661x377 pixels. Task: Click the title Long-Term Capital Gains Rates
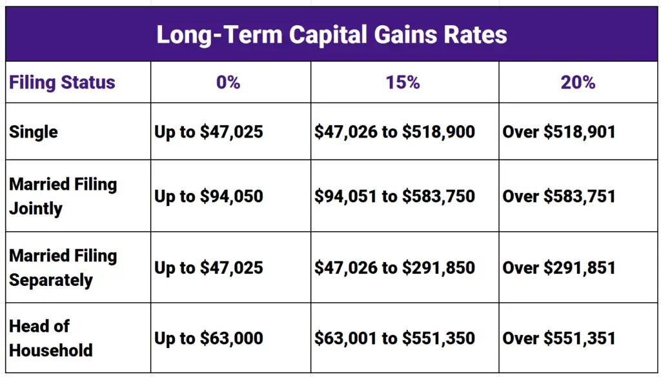[x=331, y=34]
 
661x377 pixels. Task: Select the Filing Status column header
[x=62, y=83]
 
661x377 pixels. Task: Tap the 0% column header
[x=229, y=83]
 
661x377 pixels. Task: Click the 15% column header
[x=403, y=83]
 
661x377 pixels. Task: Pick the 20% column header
[x=578, y=83]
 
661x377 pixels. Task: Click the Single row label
[x=34, y=132]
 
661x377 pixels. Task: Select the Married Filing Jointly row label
[x=63, y=196]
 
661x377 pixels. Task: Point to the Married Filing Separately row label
[x=63, y=268]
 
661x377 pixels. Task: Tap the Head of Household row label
[x=50, y=338]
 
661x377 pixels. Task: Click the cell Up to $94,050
[x=208, y=196]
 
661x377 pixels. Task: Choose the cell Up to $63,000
[x=208, y=338]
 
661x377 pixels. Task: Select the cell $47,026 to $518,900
[x=394, y=132]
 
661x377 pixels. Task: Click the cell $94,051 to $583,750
[x=394, y=196]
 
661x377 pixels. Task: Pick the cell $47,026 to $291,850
[x=394, y=268]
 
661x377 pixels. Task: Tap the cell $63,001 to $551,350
[x=394, y=338]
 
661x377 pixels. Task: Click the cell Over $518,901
[x=559, y=132]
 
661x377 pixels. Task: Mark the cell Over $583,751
[x=559, y=196]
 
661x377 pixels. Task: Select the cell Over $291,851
[x=559, y=268]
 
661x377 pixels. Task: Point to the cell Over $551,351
[x=559, y=338]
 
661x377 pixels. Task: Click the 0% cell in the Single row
[x=208, y=132]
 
